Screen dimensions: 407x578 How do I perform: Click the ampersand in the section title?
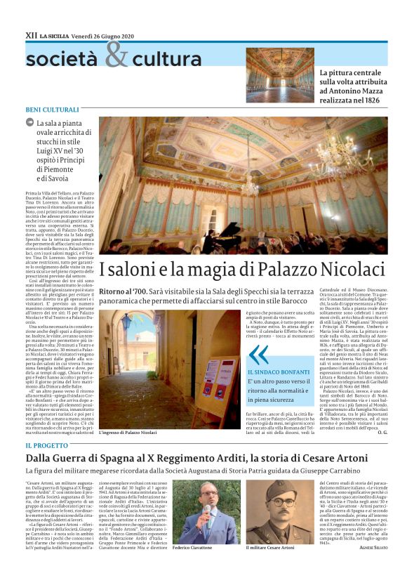click(x=117, y=55)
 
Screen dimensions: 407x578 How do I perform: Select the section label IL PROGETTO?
click(x=47, y=445)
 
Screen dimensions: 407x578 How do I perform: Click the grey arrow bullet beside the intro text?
click(x=29, y=122)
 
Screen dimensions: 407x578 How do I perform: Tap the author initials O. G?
click(x=381, y=433)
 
